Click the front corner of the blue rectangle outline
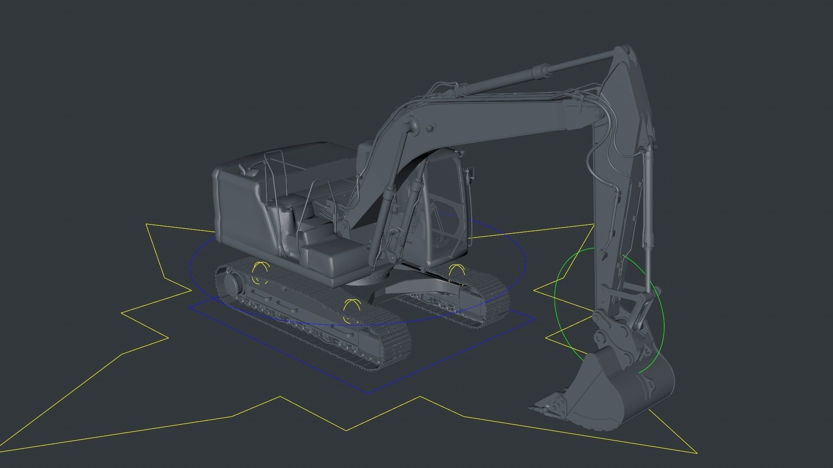point(368,393)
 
